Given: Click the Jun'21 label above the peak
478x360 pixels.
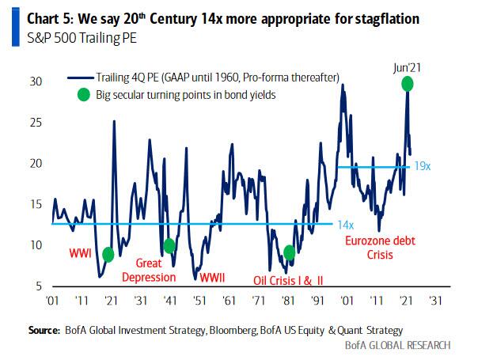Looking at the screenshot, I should click(x=407, y=70).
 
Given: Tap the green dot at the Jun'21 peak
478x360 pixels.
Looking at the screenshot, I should click(x=408, y=84).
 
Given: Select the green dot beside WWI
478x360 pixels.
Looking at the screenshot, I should click(x=108, y=254).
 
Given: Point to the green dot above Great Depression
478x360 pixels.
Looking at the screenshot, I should click(x=169, y=245).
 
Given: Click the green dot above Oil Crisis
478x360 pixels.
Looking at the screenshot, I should click(x=290, y=252).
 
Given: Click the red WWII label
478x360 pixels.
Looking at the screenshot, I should click(x=211, y=277).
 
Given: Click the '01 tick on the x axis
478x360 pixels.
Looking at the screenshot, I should click(x=53, y=300).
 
